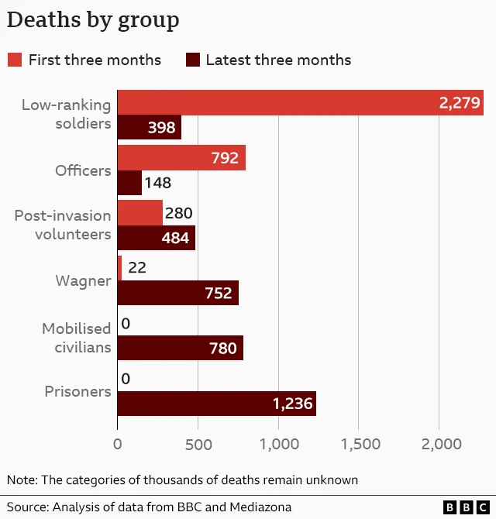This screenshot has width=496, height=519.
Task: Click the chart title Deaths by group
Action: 93,20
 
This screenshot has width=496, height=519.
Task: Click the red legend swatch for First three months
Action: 14,60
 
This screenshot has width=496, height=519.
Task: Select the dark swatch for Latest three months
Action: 193,60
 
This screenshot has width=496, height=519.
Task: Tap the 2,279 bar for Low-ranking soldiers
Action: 300,103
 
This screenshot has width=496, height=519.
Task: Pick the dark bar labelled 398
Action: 149,128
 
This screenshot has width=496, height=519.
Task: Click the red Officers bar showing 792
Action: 181,158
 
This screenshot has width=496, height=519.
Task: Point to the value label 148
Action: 157,184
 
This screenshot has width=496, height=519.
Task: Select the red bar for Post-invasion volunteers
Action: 140,213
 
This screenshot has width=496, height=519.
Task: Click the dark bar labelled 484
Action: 156,238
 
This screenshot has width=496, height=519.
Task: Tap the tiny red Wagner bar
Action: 119,268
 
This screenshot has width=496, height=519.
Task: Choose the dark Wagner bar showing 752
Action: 177,293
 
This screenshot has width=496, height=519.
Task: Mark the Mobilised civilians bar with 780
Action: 180,348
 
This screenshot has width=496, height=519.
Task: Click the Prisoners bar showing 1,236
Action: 216,404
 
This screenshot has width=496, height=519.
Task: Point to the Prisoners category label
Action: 77,392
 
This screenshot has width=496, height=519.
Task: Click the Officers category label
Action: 83,171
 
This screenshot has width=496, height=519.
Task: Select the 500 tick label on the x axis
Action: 198,444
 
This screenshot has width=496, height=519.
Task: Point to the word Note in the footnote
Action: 21,479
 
